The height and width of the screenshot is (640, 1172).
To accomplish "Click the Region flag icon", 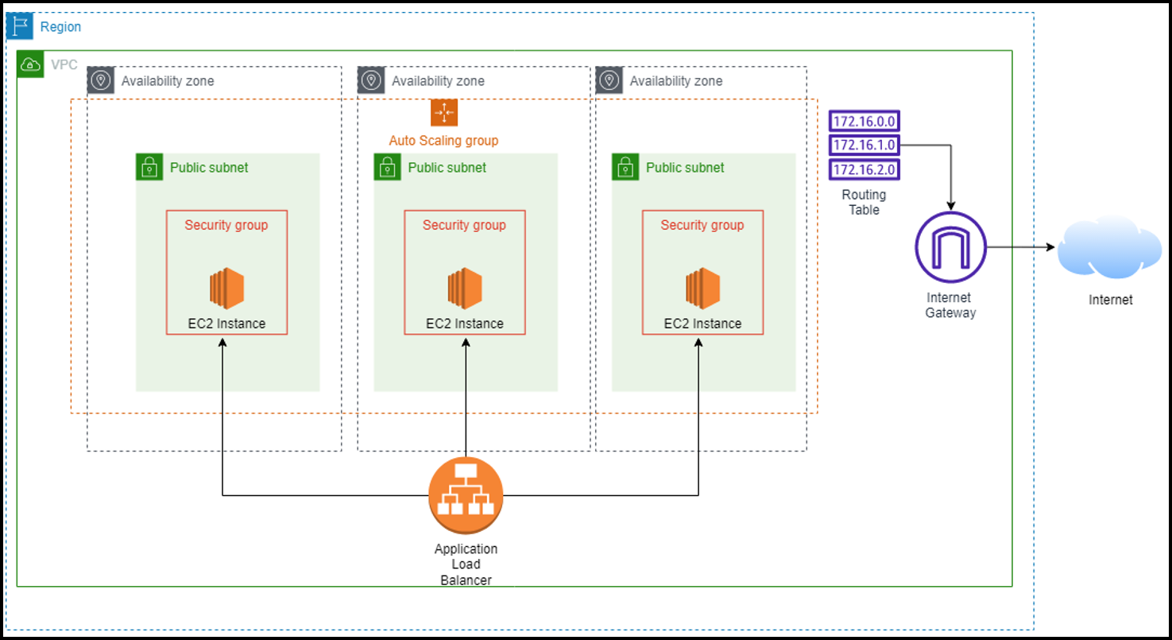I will [x=19, y=26].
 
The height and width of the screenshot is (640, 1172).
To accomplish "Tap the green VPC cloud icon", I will [x=31, y=64].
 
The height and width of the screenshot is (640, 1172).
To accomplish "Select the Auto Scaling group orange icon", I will [x=443, y=113].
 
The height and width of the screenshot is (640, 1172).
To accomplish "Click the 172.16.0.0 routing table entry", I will [x=864, y=121].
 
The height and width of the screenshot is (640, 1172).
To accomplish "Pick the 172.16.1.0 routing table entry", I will [x=864, y=145].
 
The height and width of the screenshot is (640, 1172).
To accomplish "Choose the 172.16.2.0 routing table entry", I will [x=864, y=169].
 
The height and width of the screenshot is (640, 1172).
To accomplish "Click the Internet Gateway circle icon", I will [x=950, y=247].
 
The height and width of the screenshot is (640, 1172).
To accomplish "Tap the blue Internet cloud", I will [x=1110, y=248].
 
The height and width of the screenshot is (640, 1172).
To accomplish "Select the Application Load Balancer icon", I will [x=466, y=495].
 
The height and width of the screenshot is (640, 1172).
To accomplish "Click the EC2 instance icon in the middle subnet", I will [x=465, y=289].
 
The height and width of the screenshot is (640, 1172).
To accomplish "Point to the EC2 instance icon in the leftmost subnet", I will [x=226, y=289].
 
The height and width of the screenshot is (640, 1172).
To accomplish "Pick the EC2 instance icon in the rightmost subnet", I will [x=702, y=289].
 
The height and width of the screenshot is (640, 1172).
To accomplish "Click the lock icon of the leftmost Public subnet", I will [x=149, y=167].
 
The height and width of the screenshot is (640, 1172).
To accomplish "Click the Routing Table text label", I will [x=864, y=202].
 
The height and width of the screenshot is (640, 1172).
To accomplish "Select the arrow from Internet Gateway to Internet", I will [x=1021, y=247].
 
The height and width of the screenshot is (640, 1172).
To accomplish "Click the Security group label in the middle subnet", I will [x=464, y=225].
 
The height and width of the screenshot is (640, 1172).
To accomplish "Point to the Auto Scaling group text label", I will [x=443, y=141].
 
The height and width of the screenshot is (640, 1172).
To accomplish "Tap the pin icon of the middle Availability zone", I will [x=371, y=80].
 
